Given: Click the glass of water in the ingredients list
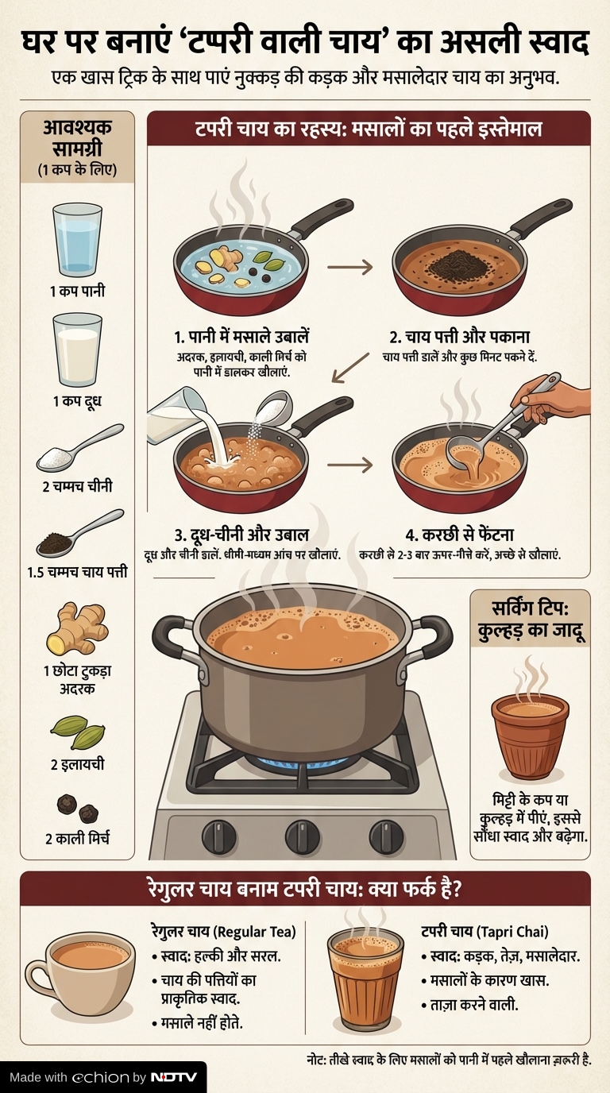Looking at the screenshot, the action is pyautogui.click(x=77, y=240).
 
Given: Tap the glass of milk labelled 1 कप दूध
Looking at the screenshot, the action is pyautogui.click(x=77, y=350).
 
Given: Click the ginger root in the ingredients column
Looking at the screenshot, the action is pyautogui.click(x=77, y=628).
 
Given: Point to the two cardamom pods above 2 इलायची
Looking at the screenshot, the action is pyautogui.click(x=78, y=732).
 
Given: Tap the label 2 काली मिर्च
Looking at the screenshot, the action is pyautogui.click(x=77, y=838).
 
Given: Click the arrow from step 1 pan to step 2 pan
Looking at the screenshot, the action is pyautogui.click(x=349, y=267).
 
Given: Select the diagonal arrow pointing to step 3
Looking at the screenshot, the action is pyautogui.click(x=350, y=368).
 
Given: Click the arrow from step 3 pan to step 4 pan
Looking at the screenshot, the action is pyautogui.click(x=349, y=465).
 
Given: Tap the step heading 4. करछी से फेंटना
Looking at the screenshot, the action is pyautogui.click(x=459, y=535).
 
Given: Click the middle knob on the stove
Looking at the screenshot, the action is pyautogui.click(x=303, y=837).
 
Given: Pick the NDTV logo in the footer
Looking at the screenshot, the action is pyautogui.click(x=174, y=1077).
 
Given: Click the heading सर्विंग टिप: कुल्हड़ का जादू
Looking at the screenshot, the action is pyautogui.click(x=530, y=619).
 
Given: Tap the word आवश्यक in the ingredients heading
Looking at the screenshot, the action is pyautogui.click(x=77, y=127).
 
